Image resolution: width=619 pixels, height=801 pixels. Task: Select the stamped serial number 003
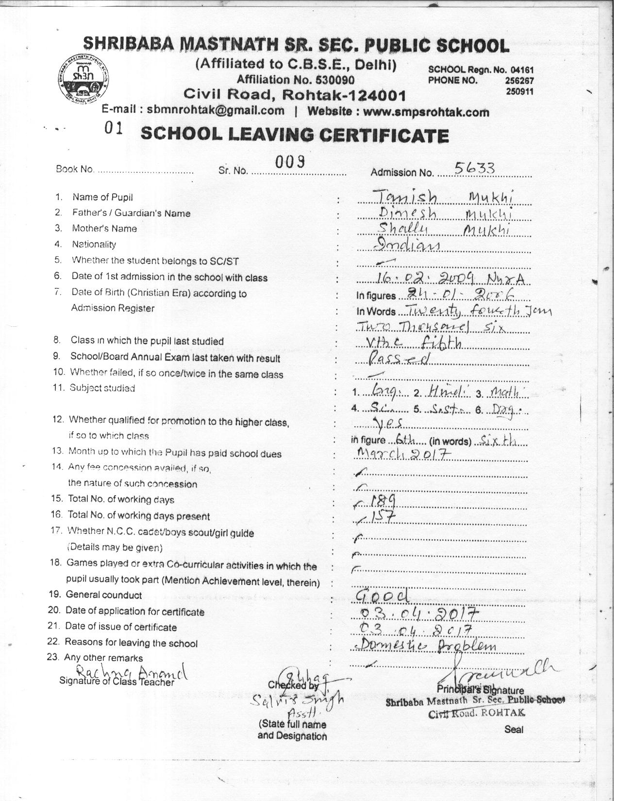click(x=290, y=162)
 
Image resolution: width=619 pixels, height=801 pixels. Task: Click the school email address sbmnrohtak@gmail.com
click(x=216, y=110)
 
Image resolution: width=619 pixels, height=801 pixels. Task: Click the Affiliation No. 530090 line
click(x=295, y=80)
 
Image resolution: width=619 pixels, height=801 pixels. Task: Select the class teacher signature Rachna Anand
click(x=131, y=672)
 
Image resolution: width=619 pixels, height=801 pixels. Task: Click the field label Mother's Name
click(x=104, y=229)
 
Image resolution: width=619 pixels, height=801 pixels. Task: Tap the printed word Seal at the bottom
click(x=513, y=729)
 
